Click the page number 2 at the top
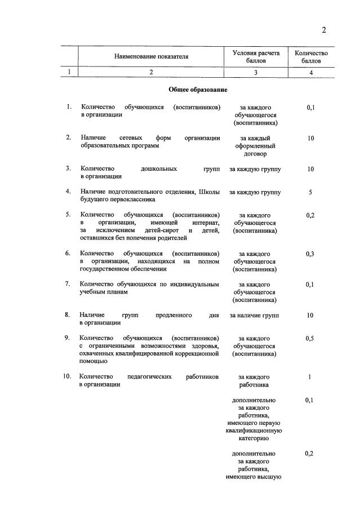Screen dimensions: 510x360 coord(324,30)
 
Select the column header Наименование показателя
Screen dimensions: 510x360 coord(151,56)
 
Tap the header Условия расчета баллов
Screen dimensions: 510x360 coord(256,56)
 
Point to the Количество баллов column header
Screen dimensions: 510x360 coord(311,56)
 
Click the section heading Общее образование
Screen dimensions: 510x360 coord(198,90)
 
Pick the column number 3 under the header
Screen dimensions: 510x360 coord(256,72)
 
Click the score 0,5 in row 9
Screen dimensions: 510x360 coord(310,338)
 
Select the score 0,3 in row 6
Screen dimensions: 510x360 coord(310,254)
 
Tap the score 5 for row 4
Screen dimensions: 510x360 coord(310,192)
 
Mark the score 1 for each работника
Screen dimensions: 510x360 coord(310,377)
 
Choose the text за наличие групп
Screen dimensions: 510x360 coord(254,315)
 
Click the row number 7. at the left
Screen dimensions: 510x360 coord(68,284)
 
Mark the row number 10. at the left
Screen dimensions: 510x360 coord(67,376)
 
